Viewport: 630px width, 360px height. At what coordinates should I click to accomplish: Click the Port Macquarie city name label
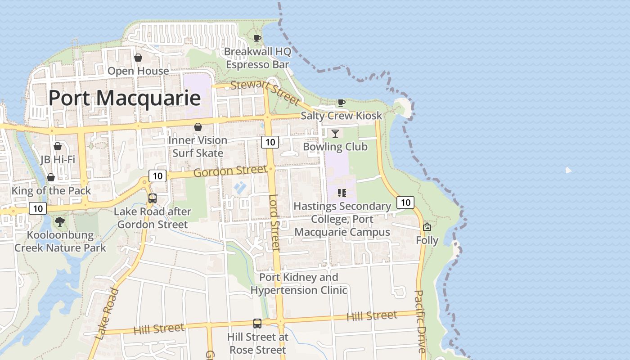coord(124,98)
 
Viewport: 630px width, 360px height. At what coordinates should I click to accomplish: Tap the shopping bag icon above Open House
coord(138,58)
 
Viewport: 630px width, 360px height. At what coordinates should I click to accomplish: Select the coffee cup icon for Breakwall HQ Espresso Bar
coord(257,38)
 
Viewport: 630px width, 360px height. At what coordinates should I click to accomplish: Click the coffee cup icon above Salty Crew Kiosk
coord(342,103)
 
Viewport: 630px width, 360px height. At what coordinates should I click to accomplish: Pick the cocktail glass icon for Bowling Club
coord(335,133)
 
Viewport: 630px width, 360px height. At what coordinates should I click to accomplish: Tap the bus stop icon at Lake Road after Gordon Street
coord(153,198)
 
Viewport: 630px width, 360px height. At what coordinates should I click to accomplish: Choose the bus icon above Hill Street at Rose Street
coord(257,323)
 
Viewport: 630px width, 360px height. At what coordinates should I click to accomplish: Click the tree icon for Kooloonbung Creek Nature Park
coord(59,221)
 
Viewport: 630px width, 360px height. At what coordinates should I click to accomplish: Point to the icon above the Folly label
coord(427,227)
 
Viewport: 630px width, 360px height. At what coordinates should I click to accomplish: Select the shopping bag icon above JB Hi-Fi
coord(58,146)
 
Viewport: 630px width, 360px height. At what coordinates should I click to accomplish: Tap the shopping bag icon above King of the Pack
coord(51,177)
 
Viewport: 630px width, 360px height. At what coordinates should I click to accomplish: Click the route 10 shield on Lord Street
coord(270,142)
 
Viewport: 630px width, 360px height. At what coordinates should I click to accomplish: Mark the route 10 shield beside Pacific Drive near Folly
coord(405,202)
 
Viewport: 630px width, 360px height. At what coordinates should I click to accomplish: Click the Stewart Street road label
coord(265,91)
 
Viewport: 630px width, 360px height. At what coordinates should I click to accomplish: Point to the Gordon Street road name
coord(230,171)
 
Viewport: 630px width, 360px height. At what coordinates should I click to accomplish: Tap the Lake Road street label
coord(108,314)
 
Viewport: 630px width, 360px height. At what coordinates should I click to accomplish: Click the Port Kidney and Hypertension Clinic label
coord(299,283)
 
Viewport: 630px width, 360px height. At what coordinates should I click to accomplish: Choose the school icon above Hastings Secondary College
coord(342,193)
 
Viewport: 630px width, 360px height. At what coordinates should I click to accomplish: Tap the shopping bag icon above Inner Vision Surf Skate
coord(198,127)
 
